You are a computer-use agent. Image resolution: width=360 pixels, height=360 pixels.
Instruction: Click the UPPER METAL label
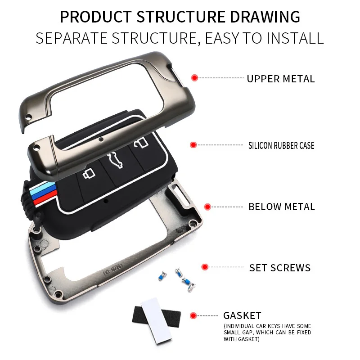tap(280, 79)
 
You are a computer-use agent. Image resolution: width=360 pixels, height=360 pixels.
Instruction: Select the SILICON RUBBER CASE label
tap(281, 145)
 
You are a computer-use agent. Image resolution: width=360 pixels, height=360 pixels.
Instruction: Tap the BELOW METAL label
tap(282, 207)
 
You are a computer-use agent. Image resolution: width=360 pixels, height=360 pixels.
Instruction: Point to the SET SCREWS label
tap(280, 268)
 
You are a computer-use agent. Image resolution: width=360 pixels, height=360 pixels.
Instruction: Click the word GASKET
tap(242, 315)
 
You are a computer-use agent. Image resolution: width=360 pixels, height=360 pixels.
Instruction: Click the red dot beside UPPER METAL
tap(194, 78)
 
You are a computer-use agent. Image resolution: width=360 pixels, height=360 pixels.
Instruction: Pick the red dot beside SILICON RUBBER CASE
tap(193, 145)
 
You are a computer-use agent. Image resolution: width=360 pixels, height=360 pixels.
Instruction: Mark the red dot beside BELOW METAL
tap(207, 207)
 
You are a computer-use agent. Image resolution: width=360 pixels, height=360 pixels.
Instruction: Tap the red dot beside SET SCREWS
tap(205, 267)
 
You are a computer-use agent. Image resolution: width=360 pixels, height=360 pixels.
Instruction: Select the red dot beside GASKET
tap(193, 315)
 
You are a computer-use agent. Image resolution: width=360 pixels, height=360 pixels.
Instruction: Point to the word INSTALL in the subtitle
tap(296, 38)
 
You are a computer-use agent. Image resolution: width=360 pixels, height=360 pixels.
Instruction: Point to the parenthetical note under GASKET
tap(267, 332)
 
